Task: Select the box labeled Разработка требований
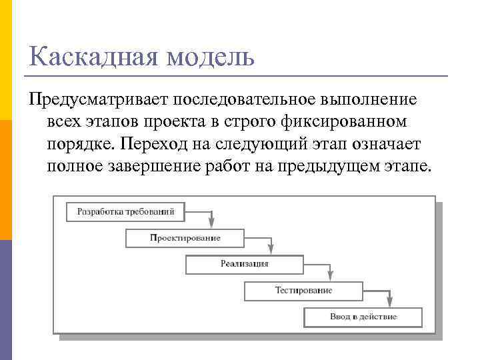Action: point(126,212)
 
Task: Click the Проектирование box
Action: point(185,238)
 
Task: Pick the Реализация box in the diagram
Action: point(245,264)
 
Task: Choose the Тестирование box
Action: point(303,291)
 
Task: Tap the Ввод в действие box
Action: point(363,317)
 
